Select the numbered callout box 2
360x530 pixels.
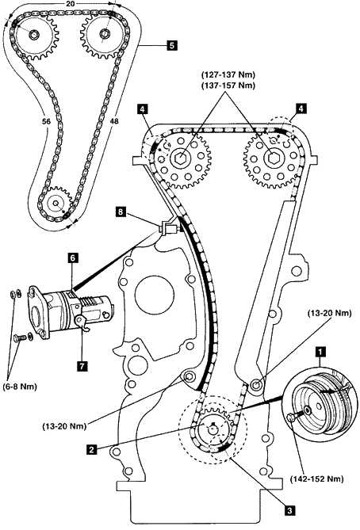point(90,449)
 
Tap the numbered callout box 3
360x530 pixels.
point(290,510)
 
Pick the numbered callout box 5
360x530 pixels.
point(171,45)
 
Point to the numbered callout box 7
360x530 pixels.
point(82,366)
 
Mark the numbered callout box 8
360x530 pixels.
point(120,212)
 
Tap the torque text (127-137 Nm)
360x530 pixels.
point(228,74)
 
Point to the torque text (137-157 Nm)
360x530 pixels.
point(228,86)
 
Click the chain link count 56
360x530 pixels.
point(46,121)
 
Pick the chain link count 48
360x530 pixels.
point(114,121)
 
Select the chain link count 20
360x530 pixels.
point(71,4)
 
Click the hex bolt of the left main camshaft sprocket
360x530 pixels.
point(182,157)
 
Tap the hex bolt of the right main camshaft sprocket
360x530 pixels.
point(272,157)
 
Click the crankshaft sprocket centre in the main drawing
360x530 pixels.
point(213,429)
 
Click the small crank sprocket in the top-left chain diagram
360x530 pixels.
point(56,204)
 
